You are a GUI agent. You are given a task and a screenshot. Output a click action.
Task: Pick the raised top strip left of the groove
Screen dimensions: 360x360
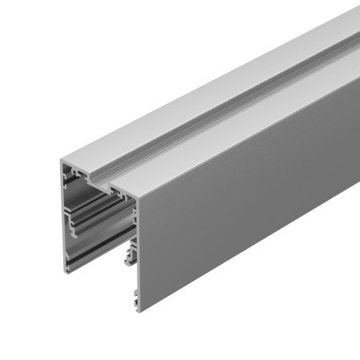160,128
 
